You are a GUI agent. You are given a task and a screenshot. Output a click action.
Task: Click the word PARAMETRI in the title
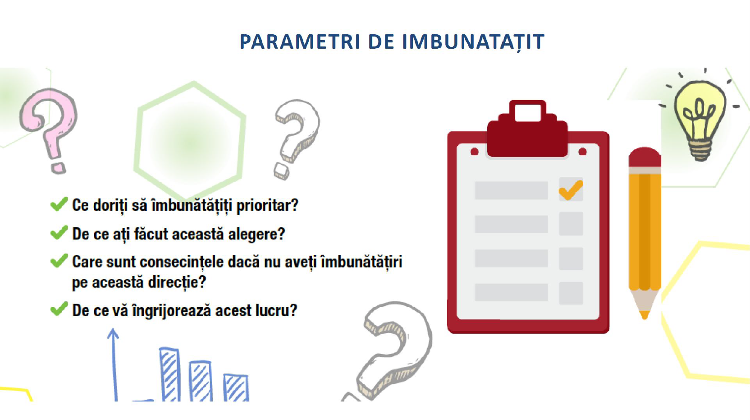click(300, 42)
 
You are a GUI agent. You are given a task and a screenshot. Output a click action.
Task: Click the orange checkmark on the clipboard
click(571, 190)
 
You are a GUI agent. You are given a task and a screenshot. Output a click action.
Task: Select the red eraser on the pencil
click(645, 157)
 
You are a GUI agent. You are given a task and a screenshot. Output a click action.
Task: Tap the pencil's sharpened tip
click(645, 315)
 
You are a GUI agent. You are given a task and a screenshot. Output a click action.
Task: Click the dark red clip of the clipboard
click(527, 129)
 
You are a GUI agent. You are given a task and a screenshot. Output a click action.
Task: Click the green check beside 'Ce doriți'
click(59, 204)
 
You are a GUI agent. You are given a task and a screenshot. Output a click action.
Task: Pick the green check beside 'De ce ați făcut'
click(59, 232)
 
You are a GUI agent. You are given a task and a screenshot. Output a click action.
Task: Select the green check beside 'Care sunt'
click(59, 260)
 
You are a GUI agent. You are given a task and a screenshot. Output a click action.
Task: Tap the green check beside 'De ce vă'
click(59, 309)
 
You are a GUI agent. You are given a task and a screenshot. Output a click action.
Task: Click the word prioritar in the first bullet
click(267, 205)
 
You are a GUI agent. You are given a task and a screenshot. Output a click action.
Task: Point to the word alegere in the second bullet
click(256, 234)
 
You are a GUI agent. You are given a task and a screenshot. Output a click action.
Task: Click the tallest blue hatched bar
click(170, 374)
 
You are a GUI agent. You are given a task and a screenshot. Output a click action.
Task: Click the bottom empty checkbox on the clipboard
click(571, 293)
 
